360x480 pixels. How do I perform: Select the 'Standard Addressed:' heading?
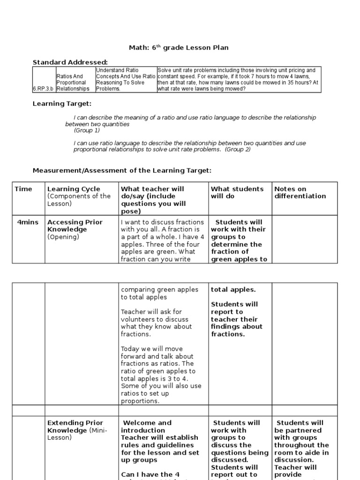tap(70, 62)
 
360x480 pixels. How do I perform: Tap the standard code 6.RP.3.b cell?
tap(43, 88)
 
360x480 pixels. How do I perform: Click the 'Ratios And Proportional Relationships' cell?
tap(73, 82)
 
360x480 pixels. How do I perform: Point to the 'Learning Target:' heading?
tap(61, 103)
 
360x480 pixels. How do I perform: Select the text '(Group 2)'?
tap(238, 150)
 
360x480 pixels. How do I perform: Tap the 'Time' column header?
tap(23, 189)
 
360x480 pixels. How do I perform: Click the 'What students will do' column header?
tap(237, 193)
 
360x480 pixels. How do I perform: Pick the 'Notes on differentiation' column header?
tap(300, 193)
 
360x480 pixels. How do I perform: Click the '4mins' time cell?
tap(28, 222)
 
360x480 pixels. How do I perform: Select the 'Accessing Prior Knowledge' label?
tap(75, 226)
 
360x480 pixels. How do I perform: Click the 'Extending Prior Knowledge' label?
tap(75, 427)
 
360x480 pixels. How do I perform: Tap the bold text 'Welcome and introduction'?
tap(146, 427)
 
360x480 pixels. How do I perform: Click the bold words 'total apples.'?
tap(233, 290)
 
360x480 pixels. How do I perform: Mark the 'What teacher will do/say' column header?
tap(152, 196)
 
